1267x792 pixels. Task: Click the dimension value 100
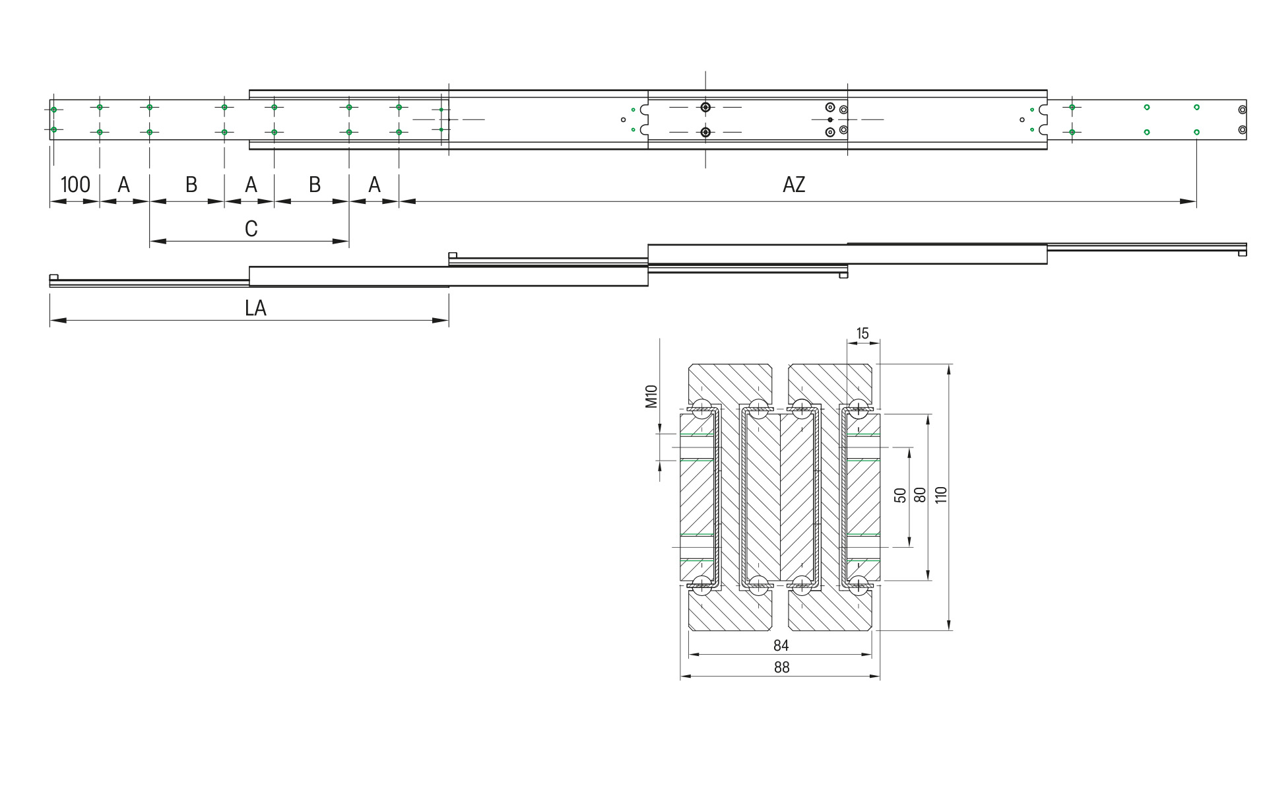(x=75, y=185)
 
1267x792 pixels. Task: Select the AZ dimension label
(x=794, y=185)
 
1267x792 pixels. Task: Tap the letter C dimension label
(x=251, y=229)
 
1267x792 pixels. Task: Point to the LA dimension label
(x=255, y=308)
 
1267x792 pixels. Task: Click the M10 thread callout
(x=651, y=396)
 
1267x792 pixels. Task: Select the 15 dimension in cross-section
(x=862, y=334)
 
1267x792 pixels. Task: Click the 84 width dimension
(x=781, y=645)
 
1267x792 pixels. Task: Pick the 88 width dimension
(x=781, y=667)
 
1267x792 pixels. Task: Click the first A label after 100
(x=124, y=185)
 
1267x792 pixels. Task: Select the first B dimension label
(x=191, y=185)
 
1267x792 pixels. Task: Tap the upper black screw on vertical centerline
(x=705, y=107)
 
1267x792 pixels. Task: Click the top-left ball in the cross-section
(x=701, y=409)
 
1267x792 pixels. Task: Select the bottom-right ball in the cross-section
(x=858, y=585)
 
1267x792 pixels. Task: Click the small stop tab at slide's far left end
(x=54, y=277)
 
